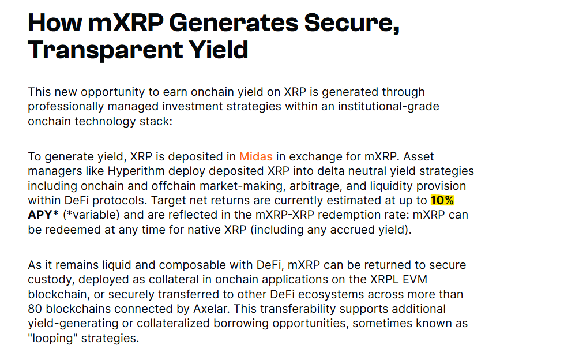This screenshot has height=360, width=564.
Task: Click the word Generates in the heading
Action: (234, 23)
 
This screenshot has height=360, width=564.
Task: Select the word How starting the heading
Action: (55, 23)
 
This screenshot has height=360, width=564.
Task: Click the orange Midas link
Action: (255, 156)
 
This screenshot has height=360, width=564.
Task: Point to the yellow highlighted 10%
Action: (442, 200)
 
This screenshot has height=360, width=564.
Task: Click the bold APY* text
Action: (43, 215)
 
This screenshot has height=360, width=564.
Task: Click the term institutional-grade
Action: (389, 107)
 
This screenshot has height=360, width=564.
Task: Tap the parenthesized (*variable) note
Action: (91, 215)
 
